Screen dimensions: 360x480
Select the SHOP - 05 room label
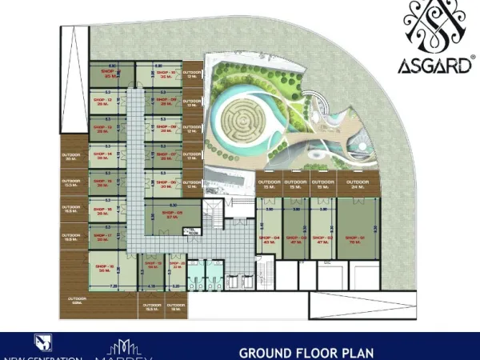pos(174,214)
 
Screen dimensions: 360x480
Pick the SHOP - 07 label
pos(167,155)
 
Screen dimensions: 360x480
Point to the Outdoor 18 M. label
pos(175,307)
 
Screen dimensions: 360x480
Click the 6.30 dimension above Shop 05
pos(174,204)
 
